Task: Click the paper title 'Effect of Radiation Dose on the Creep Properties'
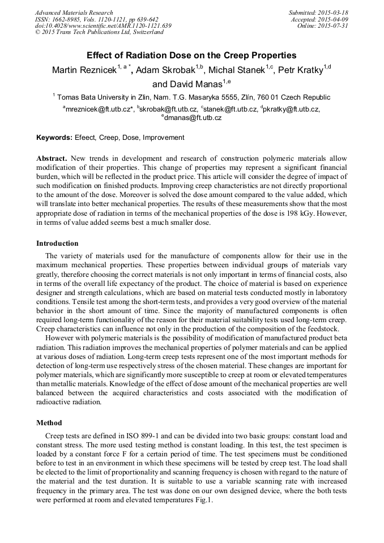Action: [x=191, y=55]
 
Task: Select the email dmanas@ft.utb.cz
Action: [x=193, y=118]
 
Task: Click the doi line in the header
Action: [x=103, y=26]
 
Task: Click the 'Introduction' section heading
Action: [x=58, y=243]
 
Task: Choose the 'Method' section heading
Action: [x=49, y=422]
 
